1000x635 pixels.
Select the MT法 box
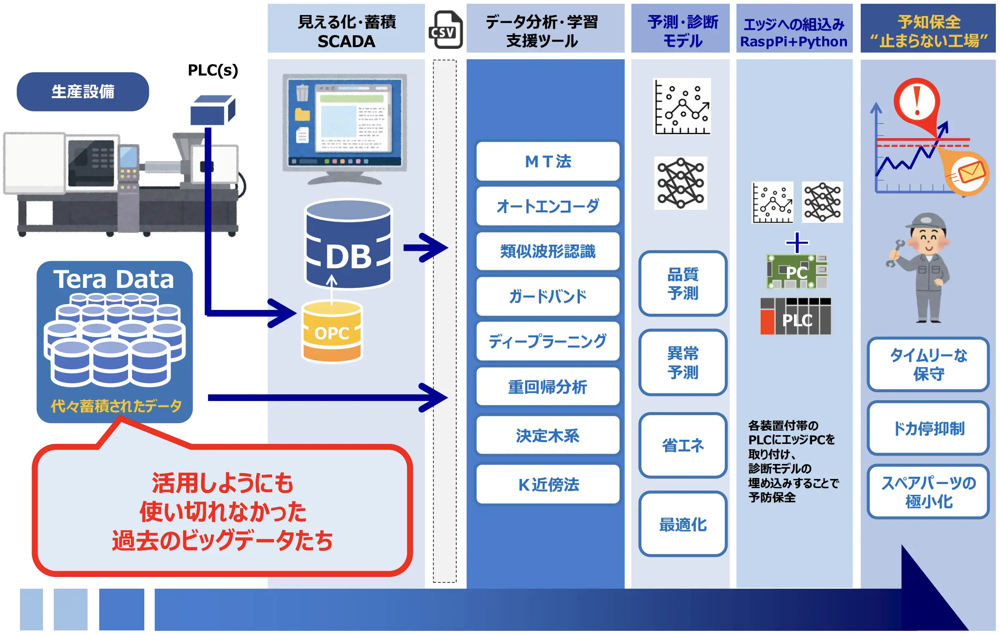click(x=548, y=161)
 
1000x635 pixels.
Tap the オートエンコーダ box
click(x=548, y=206)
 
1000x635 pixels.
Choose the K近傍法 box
click(x=548, y=484)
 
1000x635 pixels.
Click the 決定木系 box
click(x=548, y=436)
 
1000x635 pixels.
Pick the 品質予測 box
click(x=683, y=284)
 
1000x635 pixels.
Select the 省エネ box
click(x=683, y=445)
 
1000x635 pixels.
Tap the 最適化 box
click(x=683, y=524)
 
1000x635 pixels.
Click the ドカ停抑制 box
click(x=928, y=428)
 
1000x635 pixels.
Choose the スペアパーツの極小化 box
click(x=928, y=492)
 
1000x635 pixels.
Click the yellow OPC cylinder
click(x=332, y=332)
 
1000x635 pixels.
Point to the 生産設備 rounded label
click(x=83, y=92)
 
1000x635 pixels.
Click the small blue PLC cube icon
click(x=212, y=110)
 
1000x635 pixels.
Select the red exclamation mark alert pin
click(x=917, y=102)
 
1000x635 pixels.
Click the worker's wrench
click(x=894, y=252)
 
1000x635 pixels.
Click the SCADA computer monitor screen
click(x=344, y=122)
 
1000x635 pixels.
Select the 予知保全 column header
click(x=928, y=29)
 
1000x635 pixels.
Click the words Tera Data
click(x=114, y=279)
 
